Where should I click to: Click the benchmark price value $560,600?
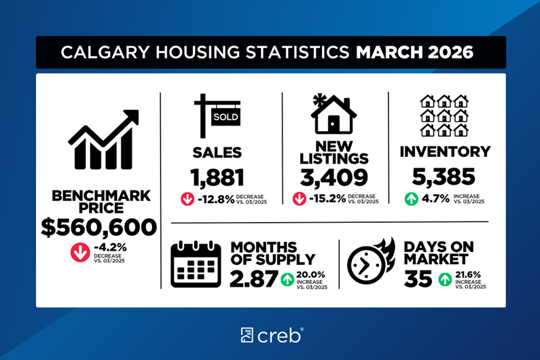point(98,227)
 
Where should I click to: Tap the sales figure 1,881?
point(217,177)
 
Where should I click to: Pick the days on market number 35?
point(418,278)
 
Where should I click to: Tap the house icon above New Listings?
point(334,113)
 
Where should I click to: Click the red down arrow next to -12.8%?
point(187,199)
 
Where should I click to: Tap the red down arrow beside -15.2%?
point(300,199)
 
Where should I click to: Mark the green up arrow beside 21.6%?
point(445,278)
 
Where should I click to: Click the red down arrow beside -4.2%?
point(79,252)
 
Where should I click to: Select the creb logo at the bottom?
point(270,334)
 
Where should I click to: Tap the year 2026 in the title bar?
point(448,52)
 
